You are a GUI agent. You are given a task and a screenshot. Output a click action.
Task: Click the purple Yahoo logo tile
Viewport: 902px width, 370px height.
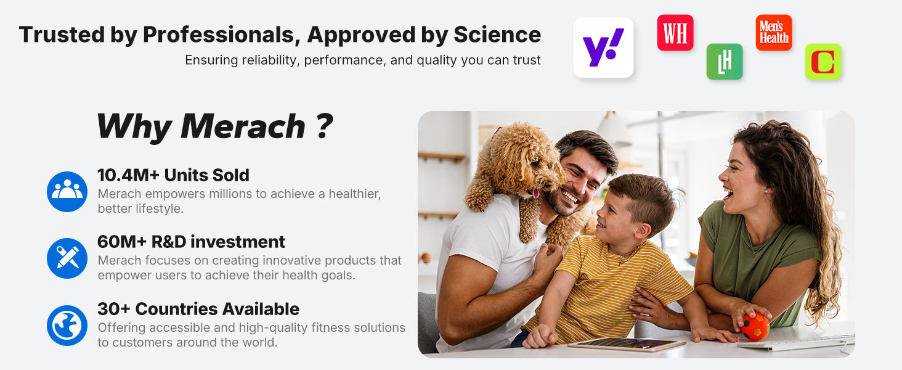(x=603, y=47)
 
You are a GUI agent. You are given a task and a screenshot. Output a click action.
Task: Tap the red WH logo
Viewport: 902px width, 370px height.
(x=675, y=33)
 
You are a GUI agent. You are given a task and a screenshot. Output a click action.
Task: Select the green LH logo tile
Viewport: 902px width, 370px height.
(x=725, y=62)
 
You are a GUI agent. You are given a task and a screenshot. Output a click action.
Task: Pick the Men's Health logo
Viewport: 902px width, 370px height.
(x=774, y=33)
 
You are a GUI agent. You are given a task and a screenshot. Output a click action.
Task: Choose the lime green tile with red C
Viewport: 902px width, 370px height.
(x=823, y=62)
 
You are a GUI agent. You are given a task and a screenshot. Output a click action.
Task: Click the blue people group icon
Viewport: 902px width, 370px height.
(x=67, y=191)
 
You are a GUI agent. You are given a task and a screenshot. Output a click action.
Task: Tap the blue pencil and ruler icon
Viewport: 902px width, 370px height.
(x=67, y=258)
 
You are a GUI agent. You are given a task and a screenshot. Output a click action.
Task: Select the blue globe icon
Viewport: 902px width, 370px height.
(x=67, y=325)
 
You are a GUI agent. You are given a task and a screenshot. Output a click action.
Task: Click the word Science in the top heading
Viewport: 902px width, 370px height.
(x=497, y=35)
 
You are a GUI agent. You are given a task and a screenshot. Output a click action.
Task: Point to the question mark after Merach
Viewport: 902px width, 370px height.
(x=325, y=126)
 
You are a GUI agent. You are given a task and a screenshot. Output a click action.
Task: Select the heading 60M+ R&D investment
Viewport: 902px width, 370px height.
(x=191, y=242)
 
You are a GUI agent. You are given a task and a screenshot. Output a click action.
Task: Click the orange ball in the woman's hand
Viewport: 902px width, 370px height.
(x=755, y=326)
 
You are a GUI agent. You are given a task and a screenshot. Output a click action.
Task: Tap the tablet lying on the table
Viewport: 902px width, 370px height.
(x=627, y=344)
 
